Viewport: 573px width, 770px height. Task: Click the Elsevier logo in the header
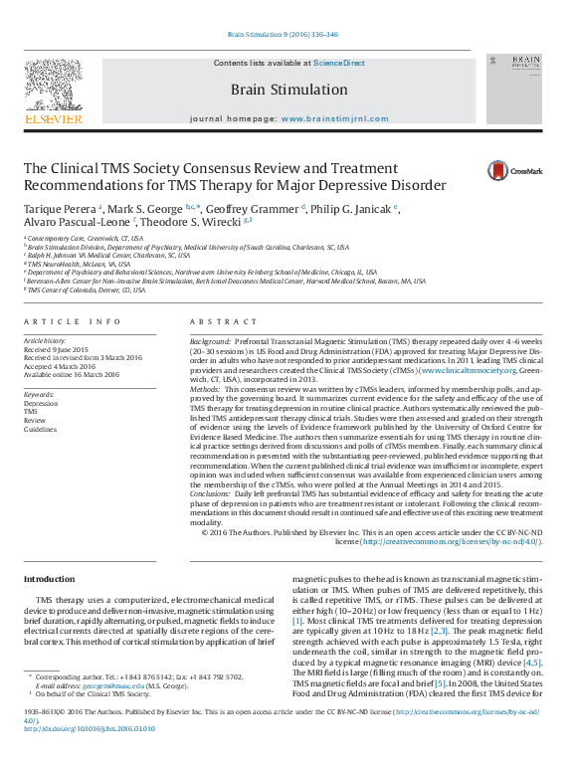pyautogui.click(x=53, y=93)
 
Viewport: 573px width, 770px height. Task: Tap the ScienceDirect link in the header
pyautogui.click(x=339, y=64)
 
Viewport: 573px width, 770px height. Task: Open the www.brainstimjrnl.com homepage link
pyautogui.click(x=334, y=118)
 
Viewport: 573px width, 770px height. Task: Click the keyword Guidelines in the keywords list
pyautogui.click(x=41, y=429)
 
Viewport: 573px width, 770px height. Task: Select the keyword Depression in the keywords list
pyautogui.click(x=41, y=403)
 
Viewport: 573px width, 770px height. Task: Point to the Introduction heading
pyautogui.click(x=49, y=579)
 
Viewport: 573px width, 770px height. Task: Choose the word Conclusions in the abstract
pyautogui.click(x=212, y=493)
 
